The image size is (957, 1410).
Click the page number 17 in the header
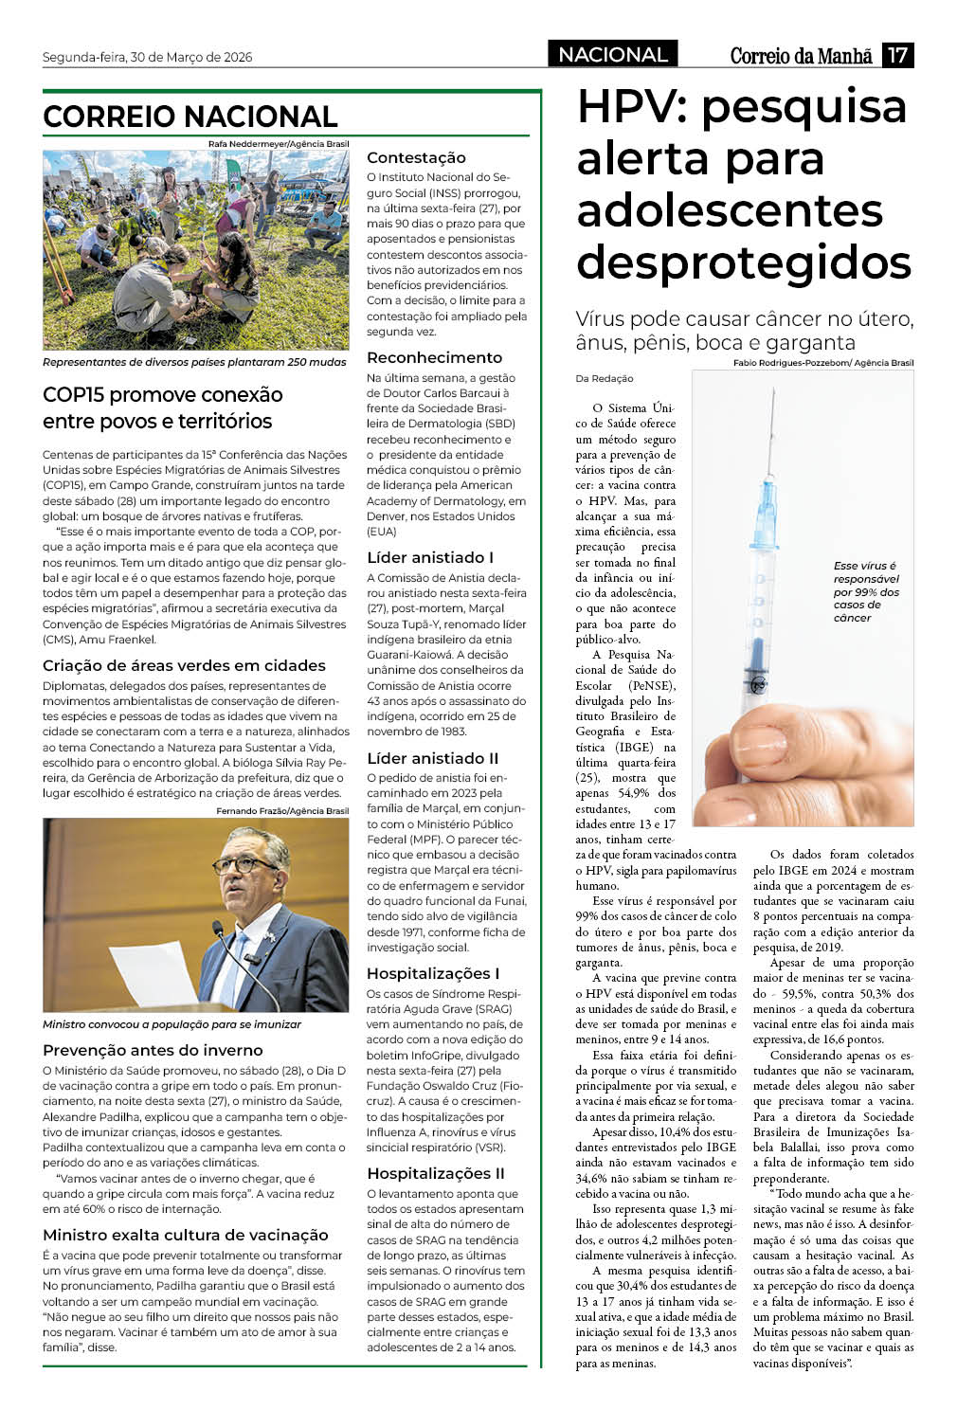pos(896,55)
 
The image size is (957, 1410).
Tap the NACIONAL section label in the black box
pos(612,55)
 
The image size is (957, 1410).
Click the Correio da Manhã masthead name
pos(801,56)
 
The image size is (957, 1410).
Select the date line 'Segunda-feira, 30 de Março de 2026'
pos(148,57)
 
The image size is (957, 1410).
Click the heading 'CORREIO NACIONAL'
pos(190,117)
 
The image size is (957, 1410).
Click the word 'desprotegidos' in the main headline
pos(744,262)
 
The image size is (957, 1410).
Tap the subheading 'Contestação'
pos(416,157)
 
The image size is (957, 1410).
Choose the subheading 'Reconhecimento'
pos(434,357)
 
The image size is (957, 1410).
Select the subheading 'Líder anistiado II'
pos(432,758)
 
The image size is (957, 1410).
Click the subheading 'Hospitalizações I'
pos(433,973)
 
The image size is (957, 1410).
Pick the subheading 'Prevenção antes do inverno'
pos(153,1050)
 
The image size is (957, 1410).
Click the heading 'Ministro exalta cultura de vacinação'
pos(186,1235)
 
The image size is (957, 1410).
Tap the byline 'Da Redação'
pos(605,378)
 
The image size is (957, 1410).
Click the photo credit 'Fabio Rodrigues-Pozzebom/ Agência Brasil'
pos(822,363)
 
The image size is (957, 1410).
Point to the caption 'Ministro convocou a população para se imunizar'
pos(172,1024)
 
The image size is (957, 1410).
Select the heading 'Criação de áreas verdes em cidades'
pos(184,665)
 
